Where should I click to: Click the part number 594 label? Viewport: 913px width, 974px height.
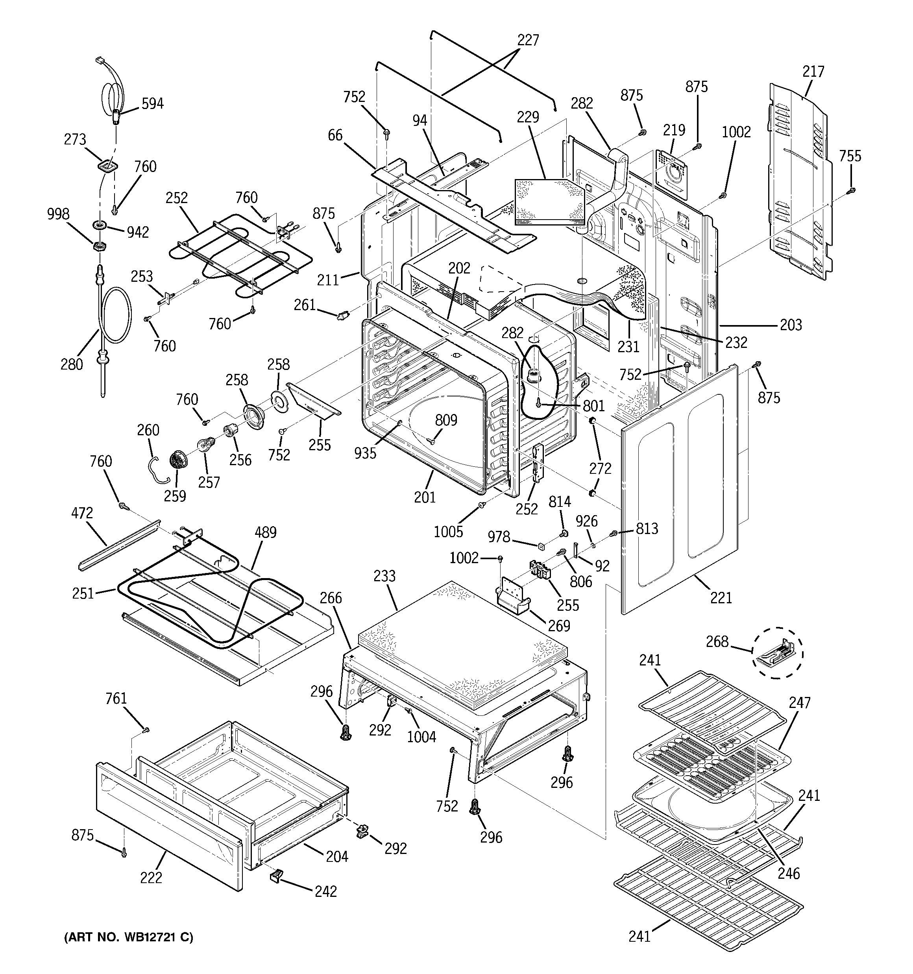point(152,104)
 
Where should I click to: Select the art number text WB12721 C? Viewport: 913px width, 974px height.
point(128,937)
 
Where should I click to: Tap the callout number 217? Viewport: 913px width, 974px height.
point(813,72)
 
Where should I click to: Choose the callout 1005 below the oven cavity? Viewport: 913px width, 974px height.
point(448,532)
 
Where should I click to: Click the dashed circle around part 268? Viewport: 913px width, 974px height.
point(778,653)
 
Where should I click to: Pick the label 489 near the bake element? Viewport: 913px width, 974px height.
point(265,532)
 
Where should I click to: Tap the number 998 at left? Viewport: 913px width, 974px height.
point(58,214)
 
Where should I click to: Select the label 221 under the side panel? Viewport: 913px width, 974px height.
point(721,598)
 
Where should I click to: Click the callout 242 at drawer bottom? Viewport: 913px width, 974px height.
point(325,891)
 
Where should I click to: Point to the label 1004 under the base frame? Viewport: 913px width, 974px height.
point(421,736)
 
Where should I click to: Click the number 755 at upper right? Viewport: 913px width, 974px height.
point(850,156)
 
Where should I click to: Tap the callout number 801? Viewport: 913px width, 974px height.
point(593,406)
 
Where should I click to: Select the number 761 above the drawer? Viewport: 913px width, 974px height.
point(116,699)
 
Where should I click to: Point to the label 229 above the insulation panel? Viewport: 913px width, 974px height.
point(527,118)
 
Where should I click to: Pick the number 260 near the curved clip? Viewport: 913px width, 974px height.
point(148,430)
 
